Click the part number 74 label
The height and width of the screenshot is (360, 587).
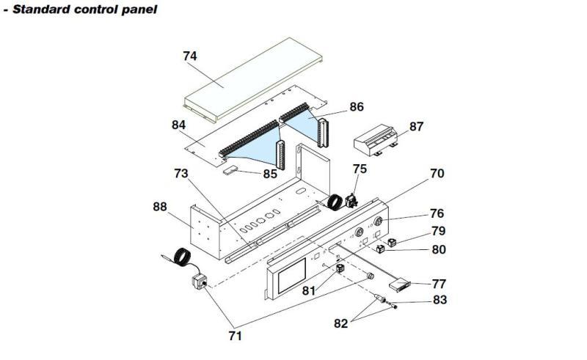point(190,55)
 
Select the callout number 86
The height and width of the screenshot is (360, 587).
point(357,107)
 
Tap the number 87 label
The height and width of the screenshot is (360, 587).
point(416,127)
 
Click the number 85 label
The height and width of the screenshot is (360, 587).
point(269,174)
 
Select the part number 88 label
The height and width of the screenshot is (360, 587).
point(160,207)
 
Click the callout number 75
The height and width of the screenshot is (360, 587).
point(359,169)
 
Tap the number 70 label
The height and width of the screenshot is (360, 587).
point(437,174)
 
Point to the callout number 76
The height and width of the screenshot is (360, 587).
point(437,214)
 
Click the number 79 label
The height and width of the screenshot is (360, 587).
point(438,231)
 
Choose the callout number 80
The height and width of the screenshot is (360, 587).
point(438,249)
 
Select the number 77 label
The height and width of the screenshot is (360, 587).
point(439,283)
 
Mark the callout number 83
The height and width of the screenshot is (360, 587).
point(439,300)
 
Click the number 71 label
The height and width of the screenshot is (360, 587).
point(236,337)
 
